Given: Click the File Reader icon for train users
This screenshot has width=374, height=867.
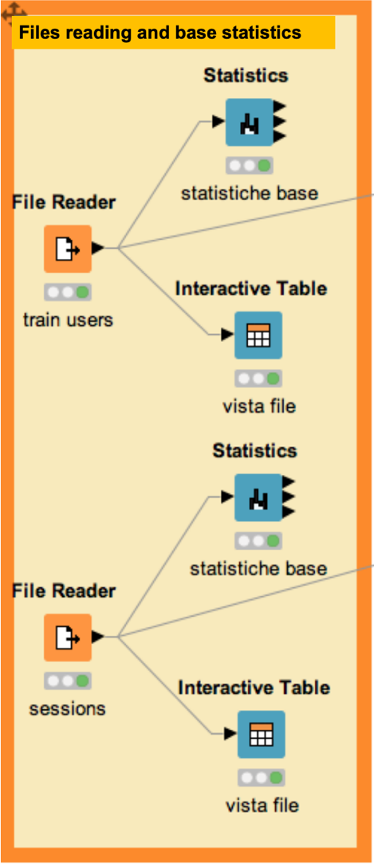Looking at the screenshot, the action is pos(68,249).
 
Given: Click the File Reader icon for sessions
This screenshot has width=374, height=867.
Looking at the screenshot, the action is pos(68,637).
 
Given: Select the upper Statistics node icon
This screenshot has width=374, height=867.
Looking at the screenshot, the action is pos(249,122).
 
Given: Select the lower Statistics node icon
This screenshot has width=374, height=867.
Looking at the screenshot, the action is pos(258,497).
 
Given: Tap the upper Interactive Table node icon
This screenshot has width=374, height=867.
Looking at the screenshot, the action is pos(258,335).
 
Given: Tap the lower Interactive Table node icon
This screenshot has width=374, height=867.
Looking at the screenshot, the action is pos(261,734).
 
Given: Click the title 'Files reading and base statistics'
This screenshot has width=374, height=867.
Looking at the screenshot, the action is pos(160,32).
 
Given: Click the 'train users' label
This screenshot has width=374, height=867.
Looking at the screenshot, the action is pos(68,319).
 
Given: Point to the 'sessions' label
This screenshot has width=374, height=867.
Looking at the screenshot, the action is pos(68,708).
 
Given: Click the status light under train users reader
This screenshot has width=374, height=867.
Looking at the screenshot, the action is pos(68,292).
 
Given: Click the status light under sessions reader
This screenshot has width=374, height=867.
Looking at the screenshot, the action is pos(68,681).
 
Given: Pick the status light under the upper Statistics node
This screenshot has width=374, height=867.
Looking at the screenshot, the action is pos(249,166).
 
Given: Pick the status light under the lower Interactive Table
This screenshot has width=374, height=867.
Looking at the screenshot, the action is pos(261,778).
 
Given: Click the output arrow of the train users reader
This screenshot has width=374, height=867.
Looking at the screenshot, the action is pos(98,249).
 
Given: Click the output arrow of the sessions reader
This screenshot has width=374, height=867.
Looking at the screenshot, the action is pos(98,637).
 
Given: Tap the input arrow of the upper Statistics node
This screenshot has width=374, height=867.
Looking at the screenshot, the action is pos(219,122).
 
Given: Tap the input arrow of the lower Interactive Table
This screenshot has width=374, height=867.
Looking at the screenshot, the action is pos(231,734).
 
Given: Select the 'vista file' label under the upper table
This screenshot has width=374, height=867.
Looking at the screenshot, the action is pos(259,407).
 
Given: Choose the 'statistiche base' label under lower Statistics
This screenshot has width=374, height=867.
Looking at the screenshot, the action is pos(258,568).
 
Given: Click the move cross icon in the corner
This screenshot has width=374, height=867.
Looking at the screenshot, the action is pos(14,12).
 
